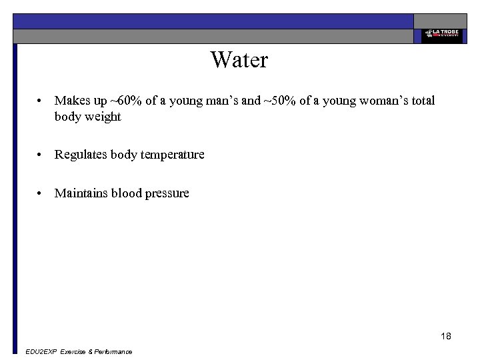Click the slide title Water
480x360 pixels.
(239, 60)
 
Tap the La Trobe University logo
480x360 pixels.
(441, 35)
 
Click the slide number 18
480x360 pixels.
(446, 336)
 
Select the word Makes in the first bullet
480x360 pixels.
(72, 101)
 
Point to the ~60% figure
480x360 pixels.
(125, 101)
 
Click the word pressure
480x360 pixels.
(166, 193)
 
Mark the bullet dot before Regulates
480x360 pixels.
(41, 155)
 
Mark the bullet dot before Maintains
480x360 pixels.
(41, 193)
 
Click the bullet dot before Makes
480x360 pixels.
(41, 101)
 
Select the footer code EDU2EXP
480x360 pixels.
(40, 351)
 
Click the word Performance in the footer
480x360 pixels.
(113, 351)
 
